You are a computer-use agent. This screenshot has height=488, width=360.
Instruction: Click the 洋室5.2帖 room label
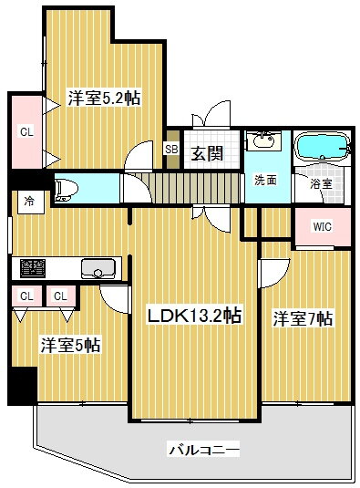(x=104, y=98)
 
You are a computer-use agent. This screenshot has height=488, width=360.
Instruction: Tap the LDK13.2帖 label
(x=194, y=316)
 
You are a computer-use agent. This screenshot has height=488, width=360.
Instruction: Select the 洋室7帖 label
(x=303, y=318)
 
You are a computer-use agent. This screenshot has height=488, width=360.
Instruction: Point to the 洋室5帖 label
(x=70, y=345)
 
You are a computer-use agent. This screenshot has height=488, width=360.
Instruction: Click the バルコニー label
(x=204, y=450)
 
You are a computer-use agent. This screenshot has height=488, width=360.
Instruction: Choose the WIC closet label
(x=322, y=226)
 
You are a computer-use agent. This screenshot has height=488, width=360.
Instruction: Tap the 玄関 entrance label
(x=207, y=153)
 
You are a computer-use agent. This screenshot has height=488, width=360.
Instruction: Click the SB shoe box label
(x=171, y=150)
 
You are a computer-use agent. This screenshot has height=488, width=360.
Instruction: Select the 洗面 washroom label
(x=266, y=180)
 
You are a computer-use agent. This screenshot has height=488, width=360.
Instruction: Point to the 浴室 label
(x=322, y=183)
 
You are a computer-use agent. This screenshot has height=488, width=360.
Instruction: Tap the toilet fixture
(x=66, y=190)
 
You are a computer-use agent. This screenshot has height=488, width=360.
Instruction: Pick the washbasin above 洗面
(x=263, y=140)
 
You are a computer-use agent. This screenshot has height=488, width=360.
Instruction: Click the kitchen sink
(x=98, y=268)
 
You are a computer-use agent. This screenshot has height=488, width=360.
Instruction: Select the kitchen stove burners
(x=33, y=268)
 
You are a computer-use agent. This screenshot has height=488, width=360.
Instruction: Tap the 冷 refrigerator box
(x=30, y=202)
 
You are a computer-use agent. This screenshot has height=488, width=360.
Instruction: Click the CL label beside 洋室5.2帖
(x=26, y=132)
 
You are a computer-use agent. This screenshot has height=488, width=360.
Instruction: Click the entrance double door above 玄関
(x=211, y=114)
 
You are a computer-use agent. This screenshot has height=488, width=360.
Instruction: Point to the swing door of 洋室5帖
(x=114, y=299)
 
